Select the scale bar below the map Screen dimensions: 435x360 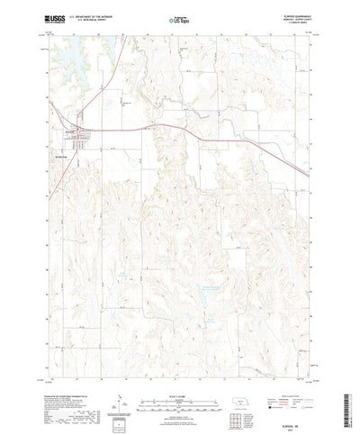179,374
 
